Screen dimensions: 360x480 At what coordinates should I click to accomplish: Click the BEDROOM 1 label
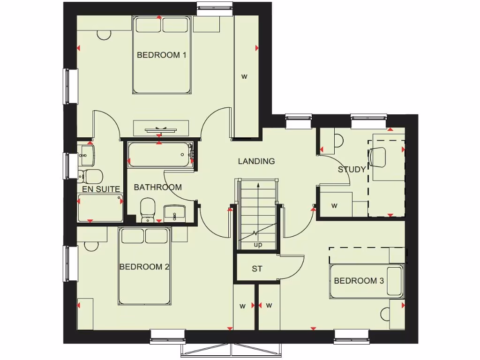tap(161, 55)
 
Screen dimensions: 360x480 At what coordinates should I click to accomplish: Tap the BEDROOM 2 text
tap(144, 267)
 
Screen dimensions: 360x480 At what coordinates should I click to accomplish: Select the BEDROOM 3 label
tap(359, 281)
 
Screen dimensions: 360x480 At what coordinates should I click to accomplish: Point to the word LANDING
tap(256, 161)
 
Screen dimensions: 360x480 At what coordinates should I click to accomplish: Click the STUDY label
tap(352, 170)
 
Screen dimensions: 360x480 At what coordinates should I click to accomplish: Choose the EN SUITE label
tap(101, 189)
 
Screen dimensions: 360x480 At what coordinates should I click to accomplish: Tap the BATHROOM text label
tap(157, 187)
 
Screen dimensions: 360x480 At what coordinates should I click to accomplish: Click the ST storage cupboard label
tap(257, 269)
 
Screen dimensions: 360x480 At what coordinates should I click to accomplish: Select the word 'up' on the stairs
tap(258, 245)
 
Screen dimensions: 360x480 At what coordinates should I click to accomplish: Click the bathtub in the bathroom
tap(160, 154)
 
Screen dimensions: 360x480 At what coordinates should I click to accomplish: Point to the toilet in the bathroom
tap(148, 209)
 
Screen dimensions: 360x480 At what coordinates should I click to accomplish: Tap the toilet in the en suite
tap(92, 176)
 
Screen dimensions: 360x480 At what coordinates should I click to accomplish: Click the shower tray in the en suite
tap(100, 209)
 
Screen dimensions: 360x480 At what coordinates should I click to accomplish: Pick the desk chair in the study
tap(377, 157)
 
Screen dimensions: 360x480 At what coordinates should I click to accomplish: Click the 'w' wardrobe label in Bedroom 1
tap(244, 76)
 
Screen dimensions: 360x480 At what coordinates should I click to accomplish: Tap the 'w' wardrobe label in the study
tap(334, 205)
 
